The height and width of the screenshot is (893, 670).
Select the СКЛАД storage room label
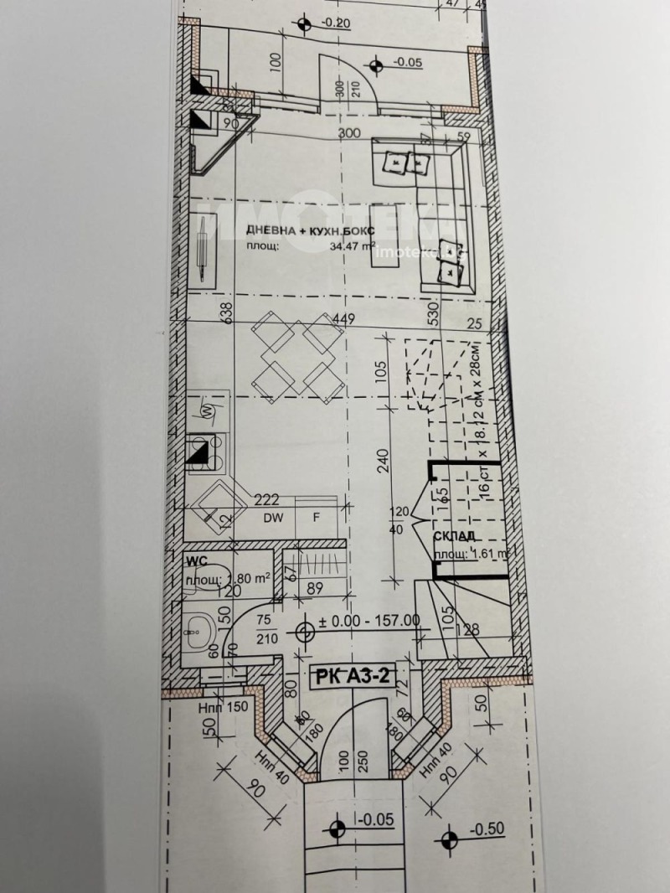455,536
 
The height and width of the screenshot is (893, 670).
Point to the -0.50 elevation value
488,829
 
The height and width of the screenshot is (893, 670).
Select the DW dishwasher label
272,517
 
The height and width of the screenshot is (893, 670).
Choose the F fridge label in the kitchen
317,517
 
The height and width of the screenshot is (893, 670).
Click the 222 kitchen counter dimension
266,500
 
